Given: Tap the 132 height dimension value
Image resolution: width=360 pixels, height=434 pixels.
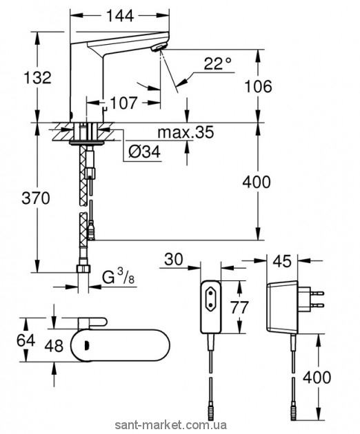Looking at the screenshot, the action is click(37, 77).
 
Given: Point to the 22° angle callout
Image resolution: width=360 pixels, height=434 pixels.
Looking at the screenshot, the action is click(217, 64).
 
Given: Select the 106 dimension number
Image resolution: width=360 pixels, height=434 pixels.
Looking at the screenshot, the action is click(258, 86).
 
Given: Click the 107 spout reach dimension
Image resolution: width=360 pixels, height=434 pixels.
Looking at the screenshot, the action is click(123, 103).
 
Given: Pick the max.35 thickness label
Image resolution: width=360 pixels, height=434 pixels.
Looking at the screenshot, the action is click(186, 132).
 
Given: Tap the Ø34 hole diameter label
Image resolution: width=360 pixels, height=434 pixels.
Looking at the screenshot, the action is click(144, 152).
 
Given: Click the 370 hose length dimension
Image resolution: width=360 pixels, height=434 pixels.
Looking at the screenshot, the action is click(36, 198).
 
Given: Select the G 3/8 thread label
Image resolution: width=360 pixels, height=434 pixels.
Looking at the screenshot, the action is click(118, 277).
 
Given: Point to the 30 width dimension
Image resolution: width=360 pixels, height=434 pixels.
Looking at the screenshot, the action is click(174, 260).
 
